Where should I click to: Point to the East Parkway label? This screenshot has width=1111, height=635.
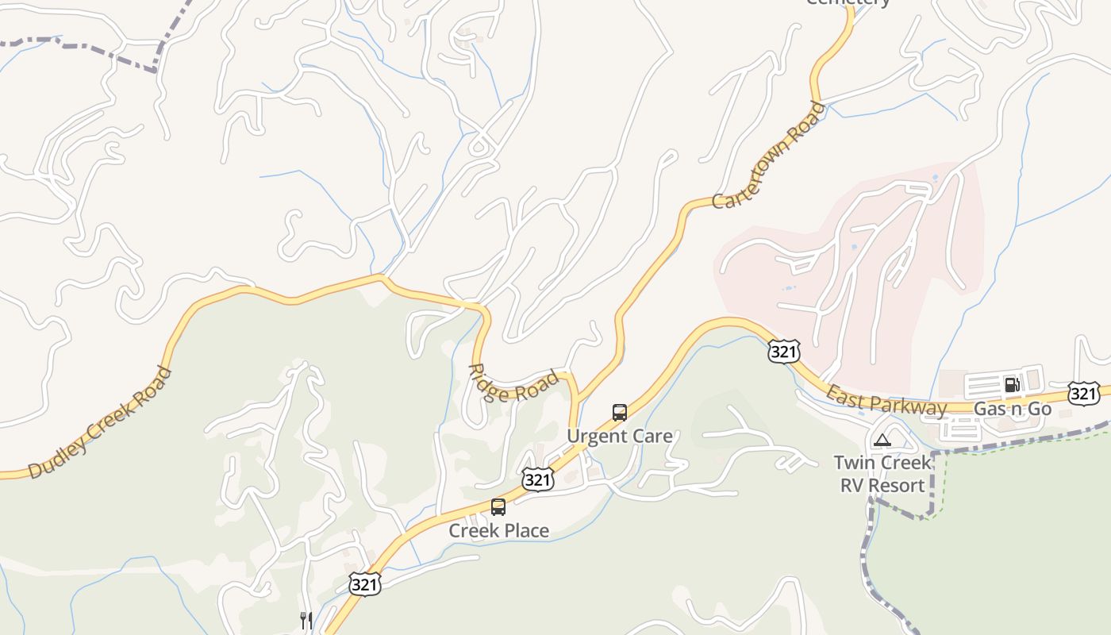coord(886,400)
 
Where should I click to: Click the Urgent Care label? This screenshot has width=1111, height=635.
coord(619,436)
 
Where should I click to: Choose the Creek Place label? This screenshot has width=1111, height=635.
coord(498,530)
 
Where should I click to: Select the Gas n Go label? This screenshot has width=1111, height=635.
coord(1012,409)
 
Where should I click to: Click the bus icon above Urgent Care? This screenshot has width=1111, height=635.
coord(620,413)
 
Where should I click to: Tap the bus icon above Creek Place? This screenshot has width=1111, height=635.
coord(498,506)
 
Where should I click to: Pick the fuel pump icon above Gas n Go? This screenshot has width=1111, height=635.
coord(1012,386)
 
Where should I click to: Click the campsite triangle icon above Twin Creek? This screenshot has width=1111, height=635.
coord(882,440)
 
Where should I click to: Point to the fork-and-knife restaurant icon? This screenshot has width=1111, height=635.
coord(306,620)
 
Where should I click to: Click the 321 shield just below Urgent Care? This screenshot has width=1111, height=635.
coord(537,479)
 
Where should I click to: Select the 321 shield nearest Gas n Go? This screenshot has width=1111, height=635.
coord(1083,392)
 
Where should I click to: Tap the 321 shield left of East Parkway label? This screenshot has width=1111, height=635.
coord(782,352)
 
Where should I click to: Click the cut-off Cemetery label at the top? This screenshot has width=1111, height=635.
coord(848,2)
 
